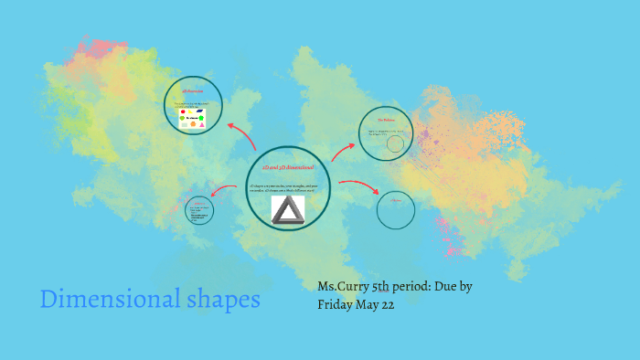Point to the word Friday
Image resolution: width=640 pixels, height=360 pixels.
click(x=337, y=305)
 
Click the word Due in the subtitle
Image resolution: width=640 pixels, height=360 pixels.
click(x=447, y=287)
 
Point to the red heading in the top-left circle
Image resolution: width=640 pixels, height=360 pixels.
click(x=192, y=91)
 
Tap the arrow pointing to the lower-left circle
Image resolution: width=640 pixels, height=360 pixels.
click(x=224, y=189)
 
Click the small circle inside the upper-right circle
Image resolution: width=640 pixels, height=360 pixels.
click(x=395, y=143)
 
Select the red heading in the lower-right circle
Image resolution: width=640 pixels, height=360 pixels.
click(x=396, y=200)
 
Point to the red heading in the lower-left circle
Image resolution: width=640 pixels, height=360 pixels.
click(x=199, y=204)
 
